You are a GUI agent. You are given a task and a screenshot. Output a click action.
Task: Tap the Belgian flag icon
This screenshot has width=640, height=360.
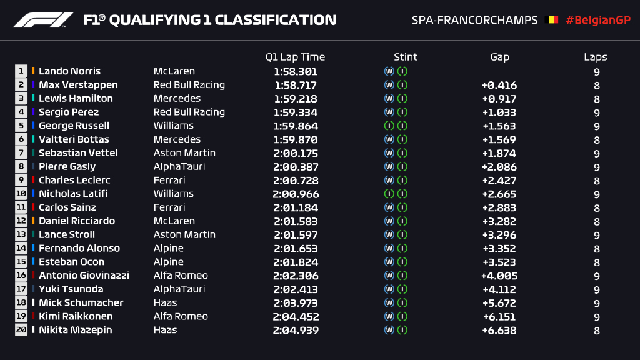[x=552, y=20]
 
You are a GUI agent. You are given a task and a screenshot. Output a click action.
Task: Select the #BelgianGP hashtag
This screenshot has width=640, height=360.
[x=597, y=20]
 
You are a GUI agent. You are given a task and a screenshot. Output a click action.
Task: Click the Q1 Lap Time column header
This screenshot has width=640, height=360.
[x=295, y=57]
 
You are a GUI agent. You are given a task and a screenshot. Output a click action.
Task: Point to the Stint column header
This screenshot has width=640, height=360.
[x=406, y=57]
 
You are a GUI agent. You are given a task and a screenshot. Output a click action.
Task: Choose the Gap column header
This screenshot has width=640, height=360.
[x=499, y=57]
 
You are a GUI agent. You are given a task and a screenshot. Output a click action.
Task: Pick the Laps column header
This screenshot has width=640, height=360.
[x=596, y=57]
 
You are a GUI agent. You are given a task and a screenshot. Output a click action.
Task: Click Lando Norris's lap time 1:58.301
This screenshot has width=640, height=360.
[x=295, y=71]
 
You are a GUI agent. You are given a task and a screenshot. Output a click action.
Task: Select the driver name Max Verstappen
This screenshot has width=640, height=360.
[x=78, y=85]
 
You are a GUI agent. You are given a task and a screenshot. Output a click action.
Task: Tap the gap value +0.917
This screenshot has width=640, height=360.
[x=499, y=99]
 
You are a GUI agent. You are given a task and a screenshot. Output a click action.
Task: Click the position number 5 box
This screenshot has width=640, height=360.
[x=21, y=126]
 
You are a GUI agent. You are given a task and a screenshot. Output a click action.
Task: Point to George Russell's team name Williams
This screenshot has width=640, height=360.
[x=174, y=126]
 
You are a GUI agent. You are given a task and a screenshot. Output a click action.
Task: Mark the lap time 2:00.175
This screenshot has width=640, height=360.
[x=295, y=153]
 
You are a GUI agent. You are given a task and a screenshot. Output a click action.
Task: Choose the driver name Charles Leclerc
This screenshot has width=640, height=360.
[x=74, y=180]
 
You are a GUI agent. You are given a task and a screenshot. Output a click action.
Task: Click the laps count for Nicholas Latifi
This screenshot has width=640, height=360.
[x=597, y=194]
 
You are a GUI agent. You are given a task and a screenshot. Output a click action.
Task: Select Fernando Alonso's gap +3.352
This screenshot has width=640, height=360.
[x=499, y=248]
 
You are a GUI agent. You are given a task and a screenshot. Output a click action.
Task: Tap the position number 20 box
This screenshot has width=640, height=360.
[x=21, y=330]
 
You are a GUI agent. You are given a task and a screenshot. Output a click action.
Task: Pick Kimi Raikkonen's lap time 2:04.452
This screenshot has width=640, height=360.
[x=295, y=316]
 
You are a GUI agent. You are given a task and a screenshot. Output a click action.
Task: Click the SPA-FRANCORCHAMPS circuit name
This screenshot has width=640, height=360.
[x=474, y=20]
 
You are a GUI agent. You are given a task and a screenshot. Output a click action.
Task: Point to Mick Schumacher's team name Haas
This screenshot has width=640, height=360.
[x=165, y=302]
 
